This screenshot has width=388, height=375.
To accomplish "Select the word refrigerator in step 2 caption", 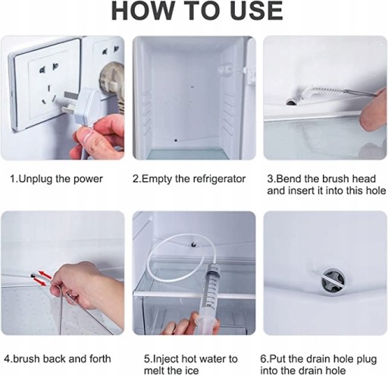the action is pos(219,179).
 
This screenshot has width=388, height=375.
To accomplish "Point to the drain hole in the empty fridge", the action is pos(176,140).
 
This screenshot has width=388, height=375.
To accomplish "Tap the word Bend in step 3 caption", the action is pos(287,178).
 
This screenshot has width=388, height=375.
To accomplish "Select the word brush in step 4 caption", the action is pos(27,359).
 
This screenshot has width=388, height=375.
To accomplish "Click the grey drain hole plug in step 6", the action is pos(333,282).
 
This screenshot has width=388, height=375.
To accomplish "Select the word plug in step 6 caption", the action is pos(366,359).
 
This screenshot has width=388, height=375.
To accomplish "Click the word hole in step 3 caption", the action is pos(376,191).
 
